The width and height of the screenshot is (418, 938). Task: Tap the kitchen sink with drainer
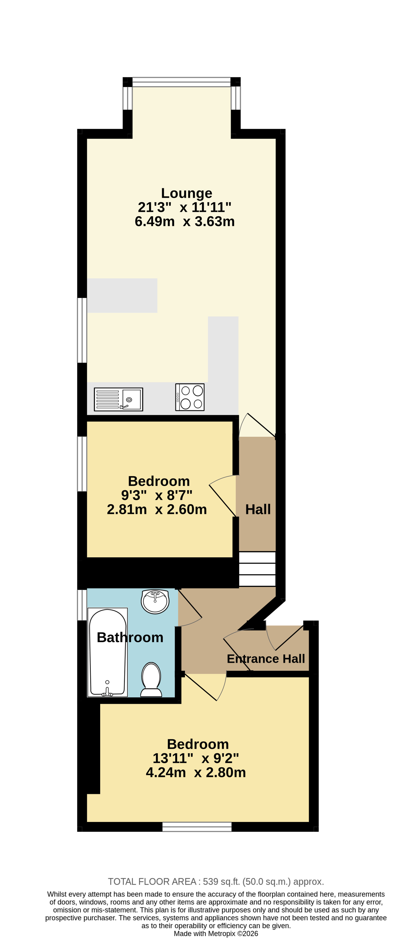118,400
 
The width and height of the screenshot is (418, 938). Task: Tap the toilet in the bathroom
151,680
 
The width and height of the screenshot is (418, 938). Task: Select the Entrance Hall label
266,659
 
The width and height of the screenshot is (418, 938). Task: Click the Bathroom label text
130,638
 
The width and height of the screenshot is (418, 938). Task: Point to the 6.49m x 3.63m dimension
185,221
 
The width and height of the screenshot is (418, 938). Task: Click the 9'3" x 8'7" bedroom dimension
157,495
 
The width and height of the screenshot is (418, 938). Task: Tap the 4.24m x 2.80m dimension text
196,772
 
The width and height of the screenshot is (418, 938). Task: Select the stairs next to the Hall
257,569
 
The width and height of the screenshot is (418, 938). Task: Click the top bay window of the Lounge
181,82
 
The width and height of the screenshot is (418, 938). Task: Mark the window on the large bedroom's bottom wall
197,827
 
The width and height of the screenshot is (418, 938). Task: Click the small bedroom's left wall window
82,464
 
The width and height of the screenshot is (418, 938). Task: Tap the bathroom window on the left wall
82,605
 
